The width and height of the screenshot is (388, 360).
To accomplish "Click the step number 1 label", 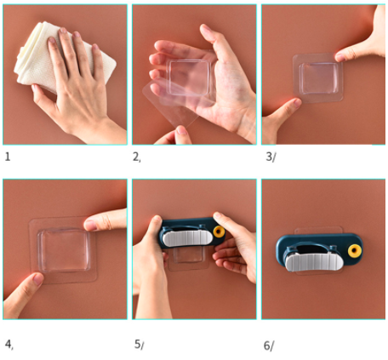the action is click(x=8, y=157).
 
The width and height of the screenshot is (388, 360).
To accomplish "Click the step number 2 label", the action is click(x=137, y=157).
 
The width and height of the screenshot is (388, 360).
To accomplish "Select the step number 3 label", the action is click(x=271, y=157).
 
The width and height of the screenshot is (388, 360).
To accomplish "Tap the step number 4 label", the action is click(x=9, y=345).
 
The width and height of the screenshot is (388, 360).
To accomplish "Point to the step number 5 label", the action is click(x=139, y=345).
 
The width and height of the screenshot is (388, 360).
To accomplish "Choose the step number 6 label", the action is click(x=269, y=346).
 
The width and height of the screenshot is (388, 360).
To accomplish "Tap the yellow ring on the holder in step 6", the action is click(x=355, y=251).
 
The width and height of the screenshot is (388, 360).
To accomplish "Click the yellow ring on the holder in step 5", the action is click(x=219, y=231).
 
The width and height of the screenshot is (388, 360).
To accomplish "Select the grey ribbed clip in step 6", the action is click(x=314, y=262).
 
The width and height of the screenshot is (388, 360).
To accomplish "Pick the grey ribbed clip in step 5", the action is click(x=187, y=237).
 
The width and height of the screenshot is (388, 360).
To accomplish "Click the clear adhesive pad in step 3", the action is click(x=318, y=77).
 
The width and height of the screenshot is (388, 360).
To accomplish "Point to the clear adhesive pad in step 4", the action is click(x=63, y=250).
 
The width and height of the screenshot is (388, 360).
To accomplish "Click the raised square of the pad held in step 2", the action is click(x=190, y=77).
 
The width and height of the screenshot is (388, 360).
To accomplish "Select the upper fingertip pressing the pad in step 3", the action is click(x=341, y=56).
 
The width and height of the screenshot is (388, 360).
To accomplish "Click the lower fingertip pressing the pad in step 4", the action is click(x=37, y=279).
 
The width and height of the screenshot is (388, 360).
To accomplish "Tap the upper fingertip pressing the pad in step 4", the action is click(x=91, y=225).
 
